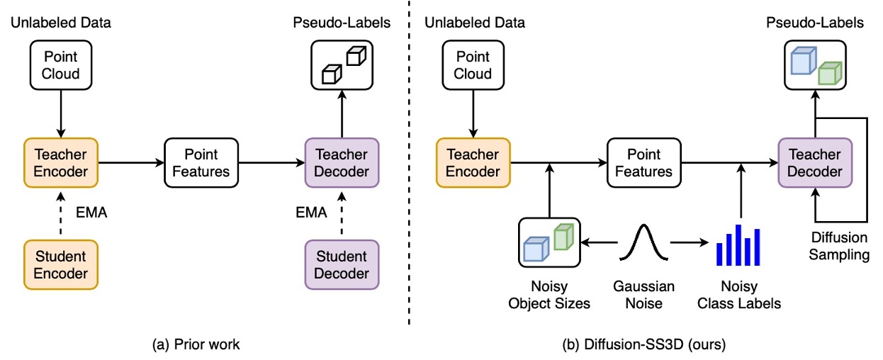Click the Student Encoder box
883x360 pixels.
pyautogui.click(x=61, y=264)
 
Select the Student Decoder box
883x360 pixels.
pyautogui.click(x=341, y=264)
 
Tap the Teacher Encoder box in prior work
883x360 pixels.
pyautogui.click(x=61, y=162)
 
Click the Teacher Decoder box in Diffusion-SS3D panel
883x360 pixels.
pyautogui.click(x=815, y=162)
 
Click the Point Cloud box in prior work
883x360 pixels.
pyautogui.click(x=61, y=64)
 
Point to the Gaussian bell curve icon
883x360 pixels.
pyautogui.click(x=644, y=242)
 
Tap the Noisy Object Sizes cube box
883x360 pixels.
pyautogui.click(x=549, y=242)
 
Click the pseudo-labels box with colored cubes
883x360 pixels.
pyautogui.click(x=815, y=64)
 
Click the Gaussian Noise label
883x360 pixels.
pyautogui.click(x=644, y=294)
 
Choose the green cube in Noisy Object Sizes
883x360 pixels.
pyautogui.click(x=563, y=236)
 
